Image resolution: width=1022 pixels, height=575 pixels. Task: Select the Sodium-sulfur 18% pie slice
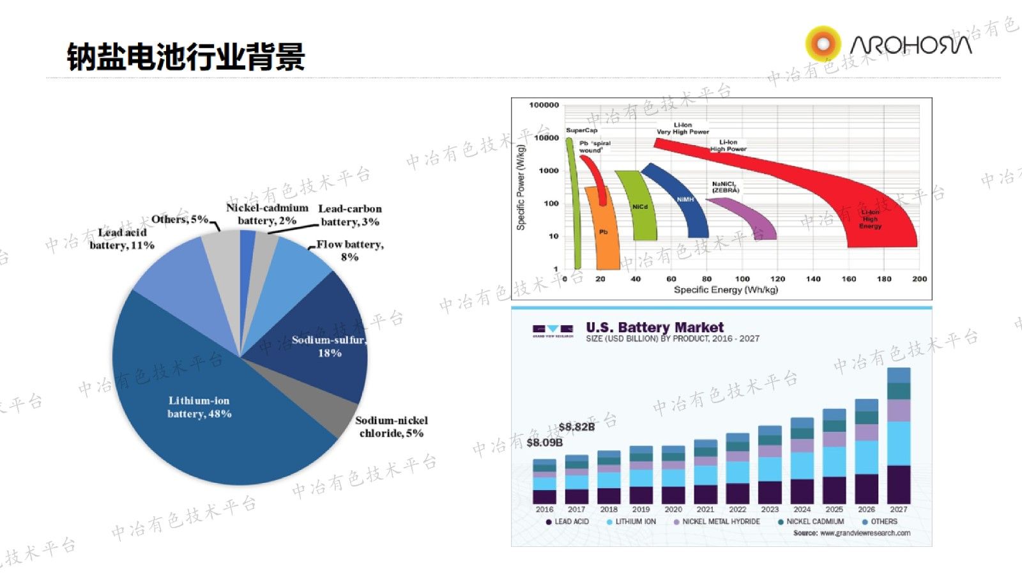[x=319, y=332]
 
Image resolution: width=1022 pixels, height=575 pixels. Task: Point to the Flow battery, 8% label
[x=349, y=250]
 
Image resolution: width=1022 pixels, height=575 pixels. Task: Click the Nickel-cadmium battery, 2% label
[x=267, y=214]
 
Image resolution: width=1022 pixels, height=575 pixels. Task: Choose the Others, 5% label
[x=179, y=219]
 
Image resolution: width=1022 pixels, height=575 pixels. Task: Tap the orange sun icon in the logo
[x=823, y=43]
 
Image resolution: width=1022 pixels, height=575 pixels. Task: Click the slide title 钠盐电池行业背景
[x=186, y=57]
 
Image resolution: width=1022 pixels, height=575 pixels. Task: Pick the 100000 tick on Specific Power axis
[x=544, y=105]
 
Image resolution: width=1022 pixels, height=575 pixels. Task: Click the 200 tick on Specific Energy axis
[x=919, y=279]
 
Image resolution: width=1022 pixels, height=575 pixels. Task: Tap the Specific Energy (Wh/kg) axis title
[x=726, y=290]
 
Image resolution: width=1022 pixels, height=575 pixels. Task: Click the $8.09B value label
[x=544, y=442]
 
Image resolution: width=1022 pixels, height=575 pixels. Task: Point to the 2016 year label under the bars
[x=544, y=509]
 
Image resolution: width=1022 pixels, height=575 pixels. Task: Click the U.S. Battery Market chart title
[x=655, y=328]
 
